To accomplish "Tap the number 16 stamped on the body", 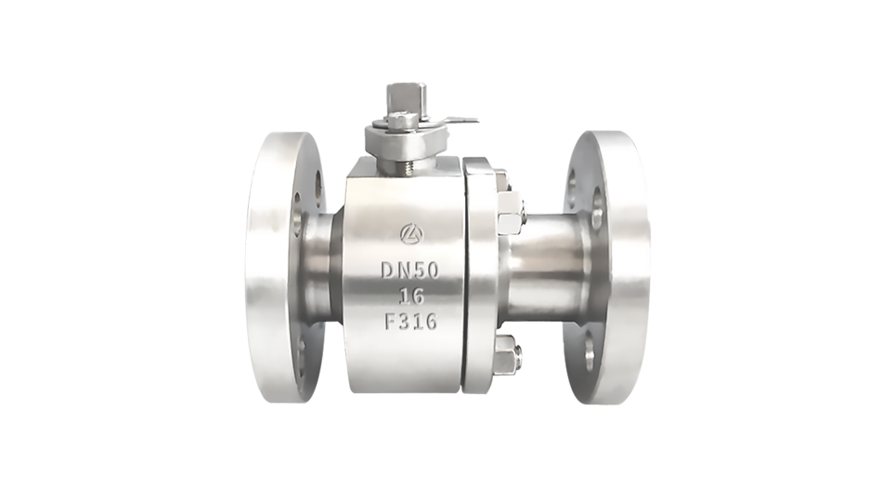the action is coord(411,296).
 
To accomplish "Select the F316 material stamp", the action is coord(410,321).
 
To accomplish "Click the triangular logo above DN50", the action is coord(410,232).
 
